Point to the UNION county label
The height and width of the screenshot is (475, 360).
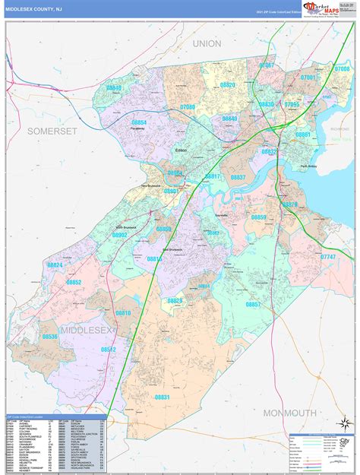(x=207, y=44)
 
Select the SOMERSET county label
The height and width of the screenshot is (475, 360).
(x=52, y=131)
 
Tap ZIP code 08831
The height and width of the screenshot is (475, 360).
(x=163, y=397)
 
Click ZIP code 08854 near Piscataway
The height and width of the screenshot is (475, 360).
(x=139, y=122)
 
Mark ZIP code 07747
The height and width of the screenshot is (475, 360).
(x=327, y=258)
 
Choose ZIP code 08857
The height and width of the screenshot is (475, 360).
(x=253, y=304)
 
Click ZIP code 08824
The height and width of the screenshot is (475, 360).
(x=55, y=265)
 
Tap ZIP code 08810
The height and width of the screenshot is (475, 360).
(x=123, y=313)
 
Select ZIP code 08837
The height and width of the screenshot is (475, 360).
(x=238, y=177)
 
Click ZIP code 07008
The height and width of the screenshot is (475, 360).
(x=342, y=68)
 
